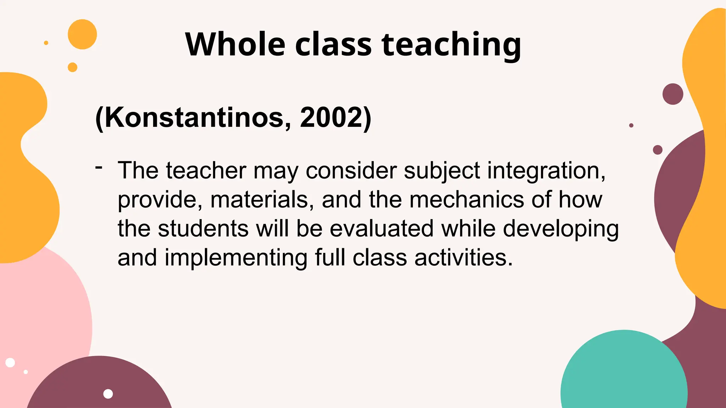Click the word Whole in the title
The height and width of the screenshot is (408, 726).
pos(235,45)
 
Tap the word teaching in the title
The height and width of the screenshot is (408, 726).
pos(451,45)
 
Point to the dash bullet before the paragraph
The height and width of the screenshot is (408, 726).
pos(99,167)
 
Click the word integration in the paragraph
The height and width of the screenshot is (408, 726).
pos(546,171)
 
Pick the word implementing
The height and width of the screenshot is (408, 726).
pos(236,257)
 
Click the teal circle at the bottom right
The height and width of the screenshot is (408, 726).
pos(624,375)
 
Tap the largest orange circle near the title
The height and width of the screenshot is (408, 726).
pos(82,34)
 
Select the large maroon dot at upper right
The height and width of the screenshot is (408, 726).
pos(672,94)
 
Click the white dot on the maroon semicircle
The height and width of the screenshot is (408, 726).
pos(108,394)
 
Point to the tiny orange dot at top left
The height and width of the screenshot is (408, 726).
pos(46,43)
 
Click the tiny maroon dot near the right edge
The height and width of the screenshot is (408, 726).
pos(631,125)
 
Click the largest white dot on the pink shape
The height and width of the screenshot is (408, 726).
pos(10,363)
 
